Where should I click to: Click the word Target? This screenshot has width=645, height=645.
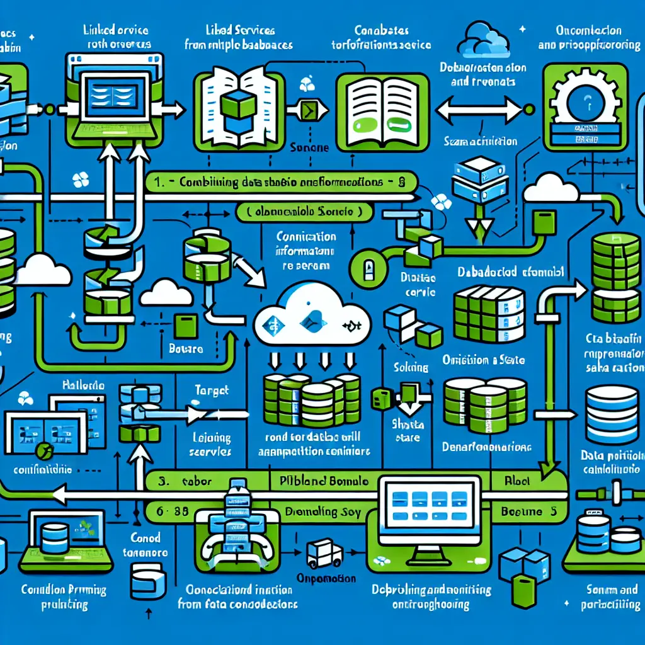point(212,392)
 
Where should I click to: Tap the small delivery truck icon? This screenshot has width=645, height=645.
point(324,554)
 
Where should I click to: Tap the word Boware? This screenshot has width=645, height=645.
point(186,348)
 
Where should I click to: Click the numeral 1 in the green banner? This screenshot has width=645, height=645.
point(161,182)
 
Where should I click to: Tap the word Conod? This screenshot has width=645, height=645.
point(145,538)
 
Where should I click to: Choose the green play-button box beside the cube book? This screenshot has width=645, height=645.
point(308,111)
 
